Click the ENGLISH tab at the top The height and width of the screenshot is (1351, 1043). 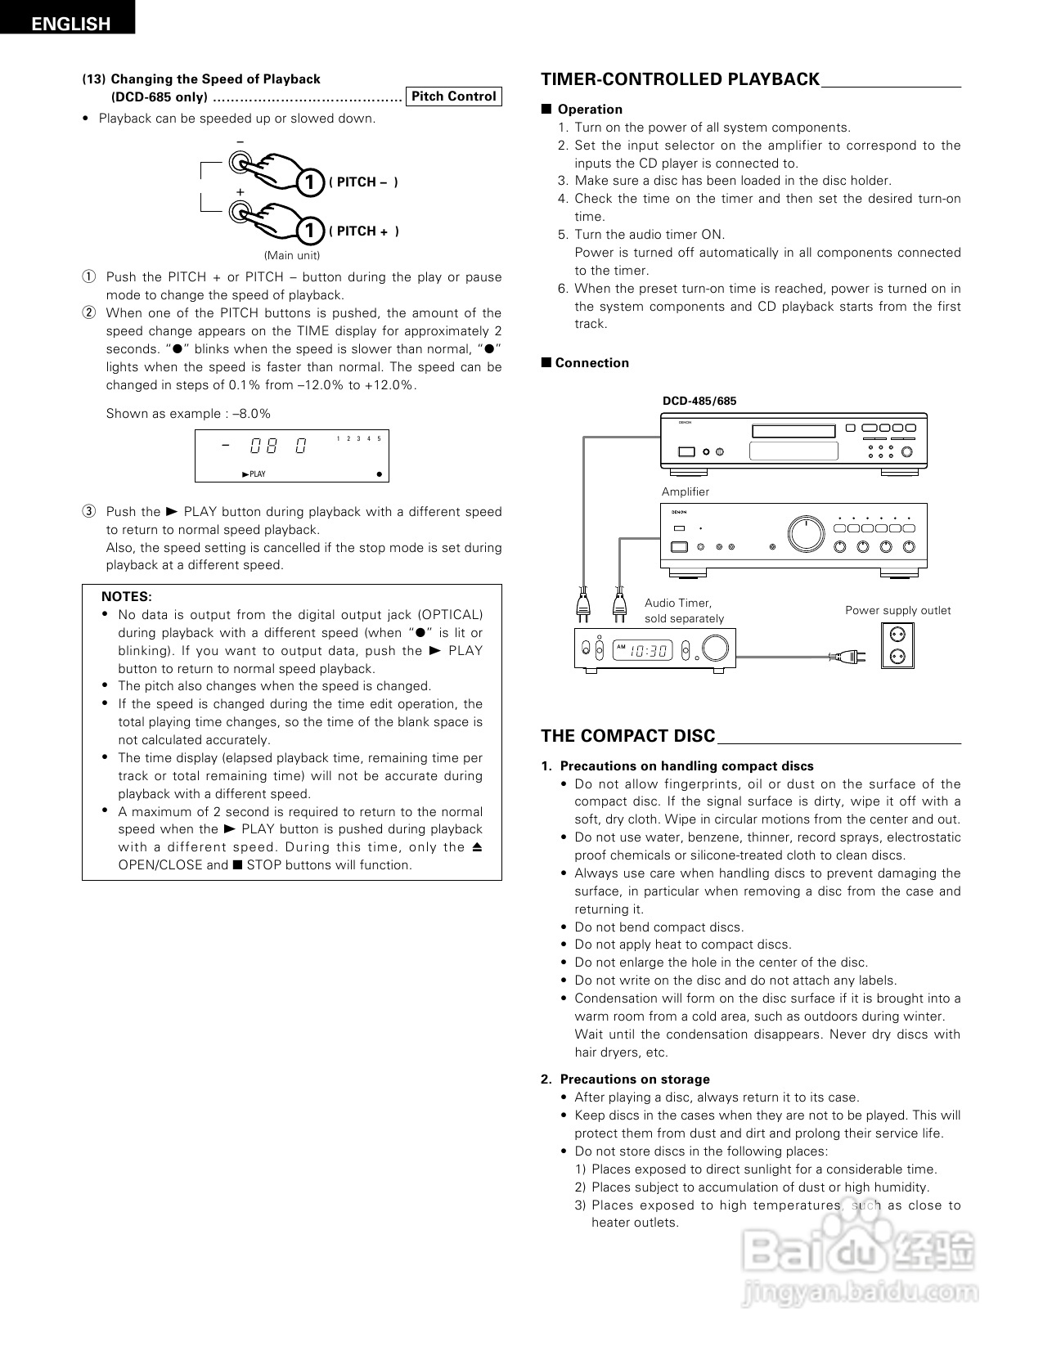[70, 23]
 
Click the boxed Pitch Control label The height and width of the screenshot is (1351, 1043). [453, 96]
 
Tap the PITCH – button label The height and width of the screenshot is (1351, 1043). [363, 182]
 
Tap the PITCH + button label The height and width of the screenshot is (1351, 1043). [363, 231]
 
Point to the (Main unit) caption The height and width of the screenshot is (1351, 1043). [291, 255]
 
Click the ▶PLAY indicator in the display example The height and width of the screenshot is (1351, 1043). [254, 474]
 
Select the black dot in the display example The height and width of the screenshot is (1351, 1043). [379, 474]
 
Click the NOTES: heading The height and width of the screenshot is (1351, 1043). [127, 597]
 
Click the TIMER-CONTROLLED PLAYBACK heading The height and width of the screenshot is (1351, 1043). [680, 79]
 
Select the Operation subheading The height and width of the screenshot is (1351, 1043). [589, 110]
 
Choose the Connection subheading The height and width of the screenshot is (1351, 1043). [591, 363]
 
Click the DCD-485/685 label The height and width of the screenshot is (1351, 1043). [699, 401]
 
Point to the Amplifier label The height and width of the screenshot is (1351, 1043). [686, 491]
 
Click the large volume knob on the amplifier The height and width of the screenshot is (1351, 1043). [806, 534]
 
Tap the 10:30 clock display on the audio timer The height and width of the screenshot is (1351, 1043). [650, 651]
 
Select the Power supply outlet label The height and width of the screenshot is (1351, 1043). [897, 610]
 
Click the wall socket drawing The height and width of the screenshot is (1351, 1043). [897, 645]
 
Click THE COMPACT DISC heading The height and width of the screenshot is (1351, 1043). [627, 736]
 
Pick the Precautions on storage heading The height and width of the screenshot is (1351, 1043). [634, 1079]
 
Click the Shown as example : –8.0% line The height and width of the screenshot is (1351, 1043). [188, 414]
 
